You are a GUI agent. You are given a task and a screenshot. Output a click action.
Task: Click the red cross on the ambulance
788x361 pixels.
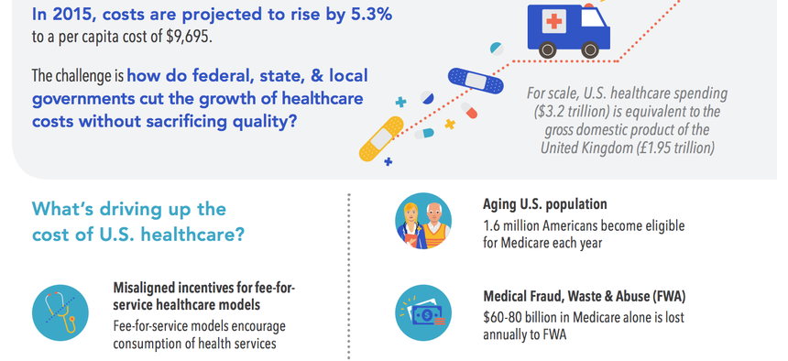click(554, 21)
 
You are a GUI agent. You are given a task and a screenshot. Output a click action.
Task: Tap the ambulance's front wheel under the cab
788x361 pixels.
click(590, 49)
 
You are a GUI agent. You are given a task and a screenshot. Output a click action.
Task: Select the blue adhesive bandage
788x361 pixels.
click(476, 80)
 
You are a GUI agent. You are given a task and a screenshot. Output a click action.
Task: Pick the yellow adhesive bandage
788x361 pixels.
click(382, 138)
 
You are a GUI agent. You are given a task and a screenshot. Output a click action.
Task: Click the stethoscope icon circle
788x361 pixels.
click(60, 312)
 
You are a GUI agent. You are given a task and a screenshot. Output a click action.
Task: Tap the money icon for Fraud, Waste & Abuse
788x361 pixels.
click(423, 312)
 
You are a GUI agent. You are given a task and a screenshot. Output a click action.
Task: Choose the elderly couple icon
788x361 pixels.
click(423, 221)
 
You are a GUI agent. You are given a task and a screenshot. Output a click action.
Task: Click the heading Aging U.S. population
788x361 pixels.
click(545, 204)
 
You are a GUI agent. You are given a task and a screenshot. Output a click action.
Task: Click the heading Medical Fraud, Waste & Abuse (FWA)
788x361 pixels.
click(584, 297)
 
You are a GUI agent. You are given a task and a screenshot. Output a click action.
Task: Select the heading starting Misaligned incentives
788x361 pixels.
click(203, 296)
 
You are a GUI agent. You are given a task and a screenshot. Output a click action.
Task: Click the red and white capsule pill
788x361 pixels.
click(468, 111)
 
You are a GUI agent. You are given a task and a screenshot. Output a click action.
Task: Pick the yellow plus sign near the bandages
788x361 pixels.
click(450, 124)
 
